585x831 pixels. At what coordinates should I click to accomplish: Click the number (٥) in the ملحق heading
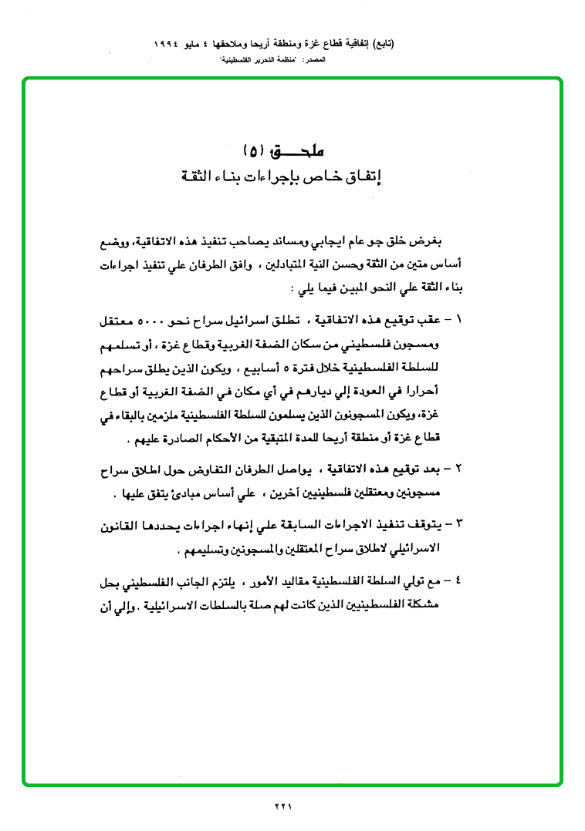point(255,149)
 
